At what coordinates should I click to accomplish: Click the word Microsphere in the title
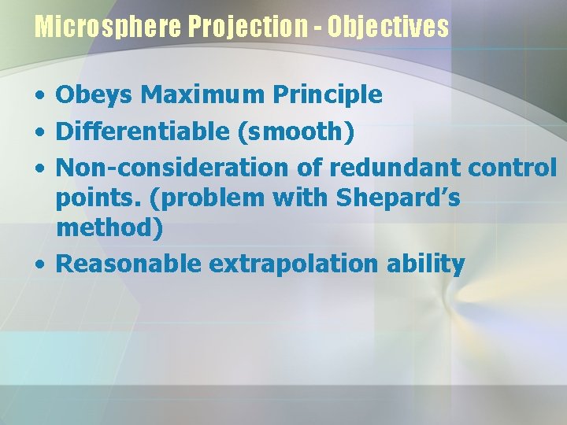109,28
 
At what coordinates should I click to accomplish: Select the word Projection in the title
248,28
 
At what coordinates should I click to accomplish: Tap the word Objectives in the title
388,28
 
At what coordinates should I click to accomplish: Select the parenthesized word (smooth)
295,132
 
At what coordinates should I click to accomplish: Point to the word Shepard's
398,198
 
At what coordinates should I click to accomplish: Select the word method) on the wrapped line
110,228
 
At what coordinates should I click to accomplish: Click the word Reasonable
129,264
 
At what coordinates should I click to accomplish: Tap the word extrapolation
280,264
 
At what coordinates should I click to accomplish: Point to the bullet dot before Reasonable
39,264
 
